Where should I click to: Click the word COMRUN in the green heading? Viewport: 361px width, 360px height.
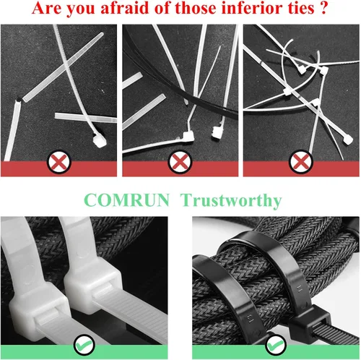pos(126,200)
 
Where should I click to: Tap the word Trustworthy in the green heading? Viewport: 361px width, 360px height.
pos(231,201)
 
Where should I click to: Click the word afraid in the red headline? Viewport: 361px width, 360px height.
pos(126,8)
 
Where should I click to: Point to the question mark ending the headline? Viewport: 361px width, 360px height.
pos(324,8)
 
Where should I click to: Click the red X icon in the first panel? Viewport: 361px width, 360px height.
pos(59,162)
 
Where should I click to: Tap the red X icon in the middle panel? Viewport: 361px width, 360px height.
pos(180,162)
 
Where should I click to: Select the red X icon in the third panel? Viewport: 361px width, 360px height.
pos(301,162)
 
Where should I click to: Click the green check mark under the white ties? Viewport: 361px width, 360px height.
pos(84,345)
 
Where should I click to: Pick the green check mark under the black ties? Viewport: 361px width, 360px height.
pos(276,345)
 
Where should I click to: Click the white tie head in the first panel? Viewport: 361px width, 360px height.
pos(100,140)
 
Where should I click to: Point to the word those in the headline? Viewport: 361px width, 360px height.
pos(196,8)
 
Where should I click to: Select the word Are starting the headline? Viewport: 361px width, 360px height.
pos(46,8)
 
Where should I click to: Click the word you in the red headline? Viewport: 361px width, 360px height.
pos(81,9)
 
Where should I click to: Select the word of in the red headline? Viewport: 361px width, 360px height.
pos(163,8)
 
